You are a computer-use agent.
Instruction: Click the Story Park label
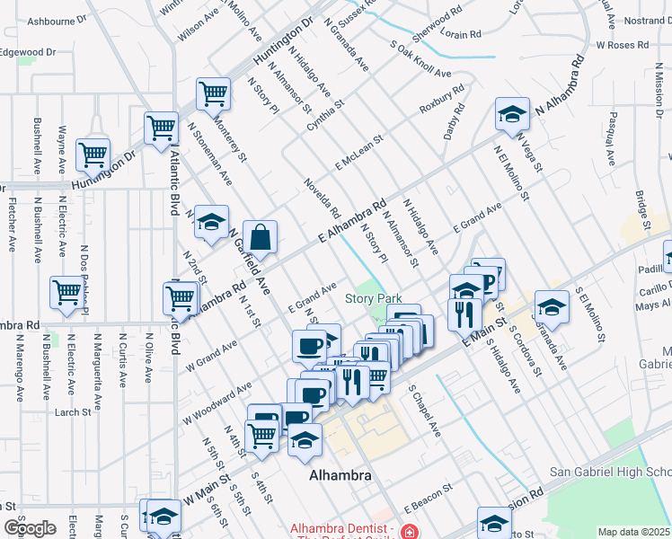tap(374, 298)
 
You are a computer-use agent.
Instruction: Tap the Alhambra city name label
tap(340, 475)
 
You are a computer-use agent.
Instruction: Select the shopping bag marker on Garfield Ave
tap(260, 239)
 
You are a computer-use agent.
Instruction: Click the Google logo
tap(30, 528)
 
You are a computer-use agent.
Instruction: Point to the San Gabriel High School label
tap(610, 473)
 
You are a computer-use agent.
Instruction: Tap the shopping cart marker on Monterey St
tap(214, 93)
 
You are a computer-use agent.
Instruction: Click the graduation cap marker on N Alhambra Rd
tap(512, 115)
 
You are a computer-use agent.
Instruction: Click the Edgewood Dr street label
tap(28, 52)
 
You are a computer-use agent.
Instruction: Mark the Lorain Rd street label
tap(462, 34)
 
